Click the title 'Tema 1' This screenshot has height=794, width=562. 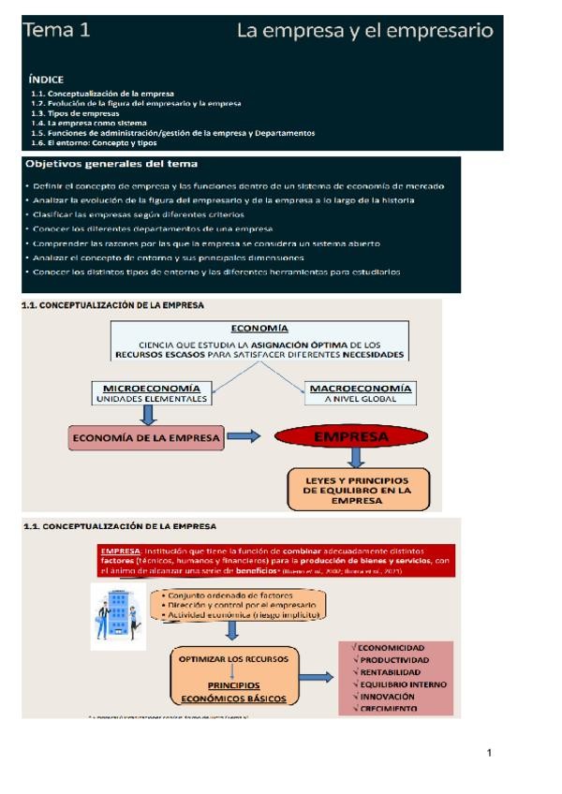[57, 31]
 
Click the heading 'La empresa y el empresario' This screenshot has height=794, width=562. [364, 31]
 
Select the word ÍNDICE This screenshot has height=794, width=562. [46, 80]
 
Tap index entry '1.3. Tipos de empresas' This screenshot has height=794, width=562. [74, 112]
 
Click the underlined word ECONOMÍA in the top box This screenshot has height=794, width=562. [259, 329]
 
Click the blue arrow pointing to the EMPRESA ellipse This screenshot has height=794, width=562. [244, 437]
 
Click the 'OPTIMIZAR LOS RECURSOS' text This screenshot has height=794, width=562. [230, 658]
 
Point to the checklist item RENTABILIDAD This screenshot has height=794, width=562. [391, 672]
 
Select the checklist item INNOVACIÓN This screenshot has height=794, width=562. [387, 697]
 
